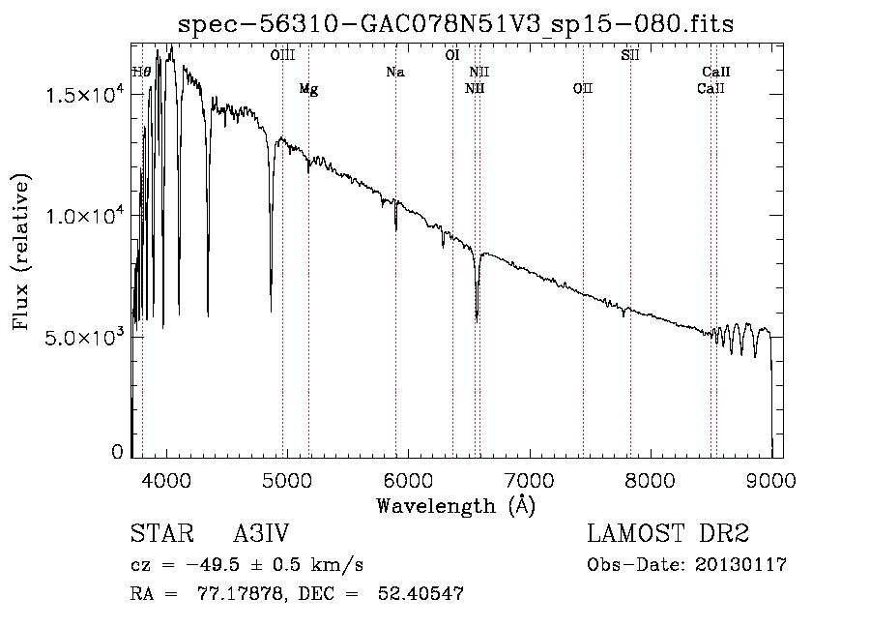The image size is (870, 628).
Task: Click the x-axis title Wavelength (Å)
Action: point(455,505)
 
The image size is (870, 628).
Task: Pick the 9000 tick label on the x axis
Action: point(770,480)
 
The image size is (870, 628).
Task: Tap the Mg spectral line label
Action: point(308,89)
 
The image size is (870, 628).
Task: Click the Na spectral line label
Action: point(394,73)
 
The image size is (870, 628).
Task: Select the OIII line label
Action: point(282,55)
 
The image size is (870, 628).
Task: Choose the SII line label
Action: point(630,55)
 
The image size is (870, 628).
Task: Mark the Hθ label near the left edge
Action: point(141,73)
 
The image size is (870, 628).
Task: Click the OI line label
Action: point(451,55)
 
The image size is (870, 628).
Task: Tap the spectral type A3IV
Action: point(261,535)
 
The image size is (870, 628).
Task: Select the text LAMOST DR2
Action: point(668,535)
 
